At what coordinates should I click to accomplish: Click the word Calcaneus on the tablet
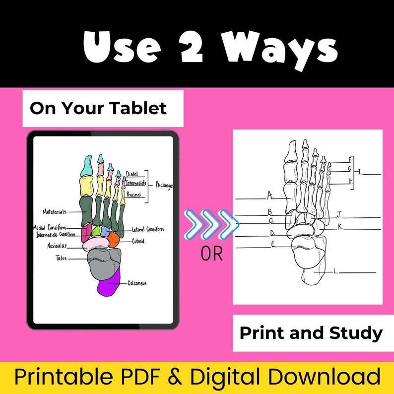tap(137, 283)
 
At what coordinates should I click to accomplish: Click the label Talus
tap(61, 258)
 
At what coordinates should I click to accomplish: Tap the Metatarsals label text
tap(55, 211)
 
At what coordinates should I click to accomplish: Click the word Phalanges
tap(164, 185)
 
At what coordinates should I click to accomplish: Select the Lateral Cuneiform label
tap(147, 229)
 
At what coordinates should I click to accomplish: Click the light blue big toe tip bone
tap(87, 166)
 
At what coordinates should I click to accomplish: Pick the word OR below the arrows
tap(212, 254)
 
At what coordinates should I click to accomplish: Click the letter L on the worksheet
tap(336, 271)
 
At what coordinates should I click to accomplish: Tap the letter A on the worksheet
tap(269, 195)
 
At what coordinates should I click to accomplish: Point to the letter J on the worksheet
tap(339, 214)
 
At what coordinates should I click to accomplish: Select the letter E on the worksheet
tap(273, 243)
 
